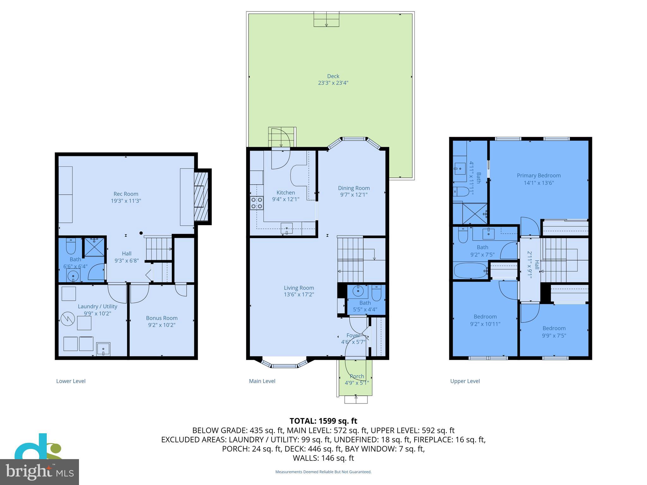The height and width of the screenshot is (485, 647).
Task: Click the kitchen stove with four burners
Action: tap(257, 203)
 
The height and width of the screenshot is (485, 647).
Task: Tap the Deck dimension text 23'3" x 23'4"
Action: tap(333, 83)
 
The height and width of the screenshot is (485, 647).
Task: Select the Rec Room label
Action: tap(126, 194)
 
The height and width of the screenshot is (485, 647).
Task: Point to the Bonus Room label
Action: tap(162, 318)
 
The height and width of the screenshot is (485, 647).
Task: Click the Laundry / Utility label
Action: tap(97, 306)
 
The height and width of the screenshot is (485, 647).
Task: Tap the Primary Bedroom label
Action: tap(539, 176)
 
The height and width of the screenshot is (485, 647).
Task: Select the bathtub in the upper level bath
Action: tap(470, 271)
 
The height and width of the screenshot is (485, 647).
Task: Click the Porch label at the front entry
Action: tap(357, 376)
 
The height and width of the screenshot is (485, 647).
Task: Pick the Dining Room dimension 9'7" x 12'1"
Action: tap(354, 195)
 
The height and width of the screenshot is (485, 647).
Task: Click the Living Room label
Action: tap(299, 288)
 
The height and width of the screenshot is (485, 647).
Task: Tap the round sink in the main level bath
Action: tap(358, 291)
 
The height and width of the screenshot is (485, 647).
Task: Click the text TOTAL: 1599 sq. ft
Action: tap(323, 421)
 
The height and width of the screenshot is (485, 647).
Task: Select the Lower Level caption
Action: tap(71, 381)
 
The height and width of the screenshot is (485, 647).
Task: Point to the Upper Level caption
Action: tap(465, 381)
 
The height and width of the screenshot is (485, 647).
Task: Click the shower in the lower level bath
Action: tap(94, 247)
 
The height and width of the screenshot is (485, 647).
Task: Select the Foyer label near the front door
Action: tap(353, 335)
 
